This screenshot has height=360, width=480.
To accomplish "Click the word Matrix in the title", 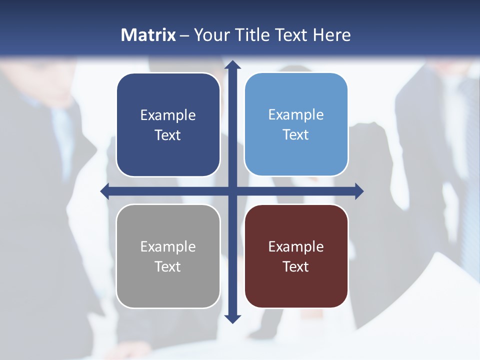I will click(148, 35).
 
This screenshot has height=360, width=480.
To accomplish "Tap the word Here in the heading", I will click(331, 35).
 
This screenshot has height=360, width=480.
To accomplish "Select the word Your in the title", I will click(211, 35).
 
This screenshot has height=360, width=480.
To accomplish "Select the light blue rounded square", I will click(296, 155).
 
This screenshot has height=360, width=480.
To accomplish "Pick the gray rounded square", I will click(168, 287).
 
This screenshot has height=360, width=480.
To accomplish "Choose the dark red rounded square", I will click(296, 287).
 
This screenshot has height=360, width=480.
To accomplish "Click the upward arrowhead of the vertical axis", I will click(232, 65).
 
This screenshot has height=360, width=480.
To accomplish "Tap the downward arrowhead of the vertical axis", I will click(232, 318).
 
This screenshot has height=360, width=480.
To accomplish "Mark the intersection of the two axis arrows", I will click(232, 191).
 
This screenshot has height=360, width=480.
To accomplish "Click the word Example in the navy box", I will click(168, 115).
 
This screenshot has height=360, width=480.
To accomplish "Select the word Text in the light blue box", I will click(296, 135).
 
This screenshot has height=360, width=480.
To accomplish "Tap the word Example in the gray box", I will click(168, 247).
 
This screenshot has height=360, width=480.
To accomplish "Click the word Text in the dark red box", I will click(296, 267).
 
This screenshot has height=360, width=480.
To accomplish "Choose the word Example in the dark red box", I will click(296, 247).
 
